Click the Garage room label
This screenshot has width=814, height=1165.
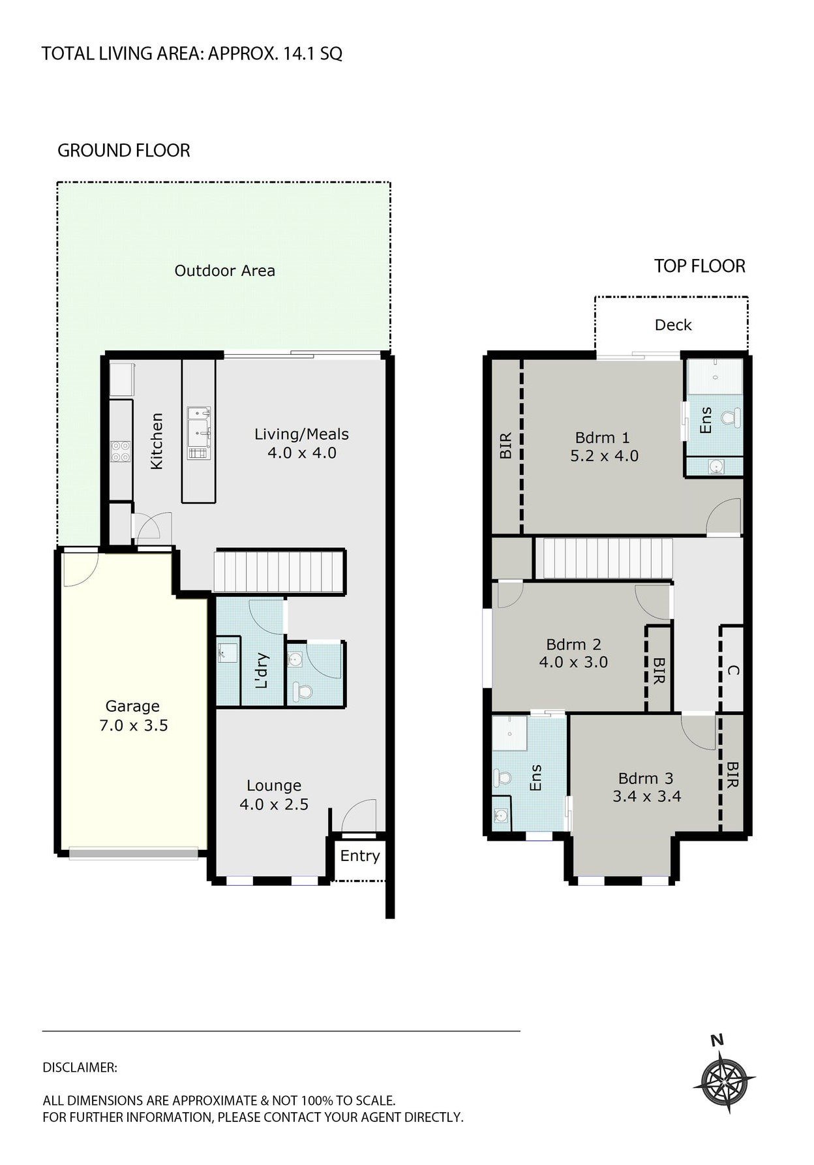pos(132,706)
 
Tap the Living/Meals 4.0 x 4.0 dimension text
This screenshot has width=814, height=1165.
pos(301,453)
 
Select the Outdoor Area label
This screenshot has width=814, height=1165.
pos(224,271)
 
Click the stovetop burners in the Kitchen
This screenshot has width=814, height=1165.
pos(121,451)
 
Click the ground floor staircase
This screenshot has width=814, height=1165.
pos(279,572)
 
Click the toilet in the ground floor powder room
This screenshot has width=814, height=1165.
pos(301,690)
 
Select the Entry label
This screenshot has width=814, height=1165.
pos(359,856)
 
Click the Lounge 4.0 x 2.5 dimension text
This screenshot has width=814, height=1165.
pos(274,804)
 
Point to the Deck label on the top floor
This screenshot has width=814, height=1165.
pos(672,325)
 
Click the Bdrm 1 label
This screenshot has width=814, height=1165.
pos(602,438)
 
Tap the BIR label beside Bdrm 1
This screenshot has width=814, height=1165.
pos(505,446)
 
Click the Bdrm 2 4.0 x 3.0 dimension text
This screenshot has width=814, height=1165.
pos(573,662)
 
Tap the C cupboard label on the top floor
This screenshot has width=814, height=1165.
pos(732,670)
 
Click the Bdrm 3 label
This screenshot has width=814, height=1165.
pos(645,778)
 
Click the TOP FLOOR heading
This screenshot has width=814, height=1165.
pos(699,266)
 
